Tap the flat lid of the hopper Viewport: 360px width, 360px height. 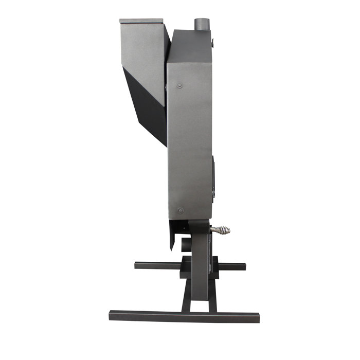click(x=142, y=21)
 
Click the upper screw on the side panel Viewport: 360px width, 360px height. click(x=179, y=84)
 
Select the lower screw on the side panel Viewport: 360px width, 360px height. click(x=179, y=210)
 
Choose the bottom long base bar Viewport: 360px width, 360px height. click(x=184, y=315)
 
